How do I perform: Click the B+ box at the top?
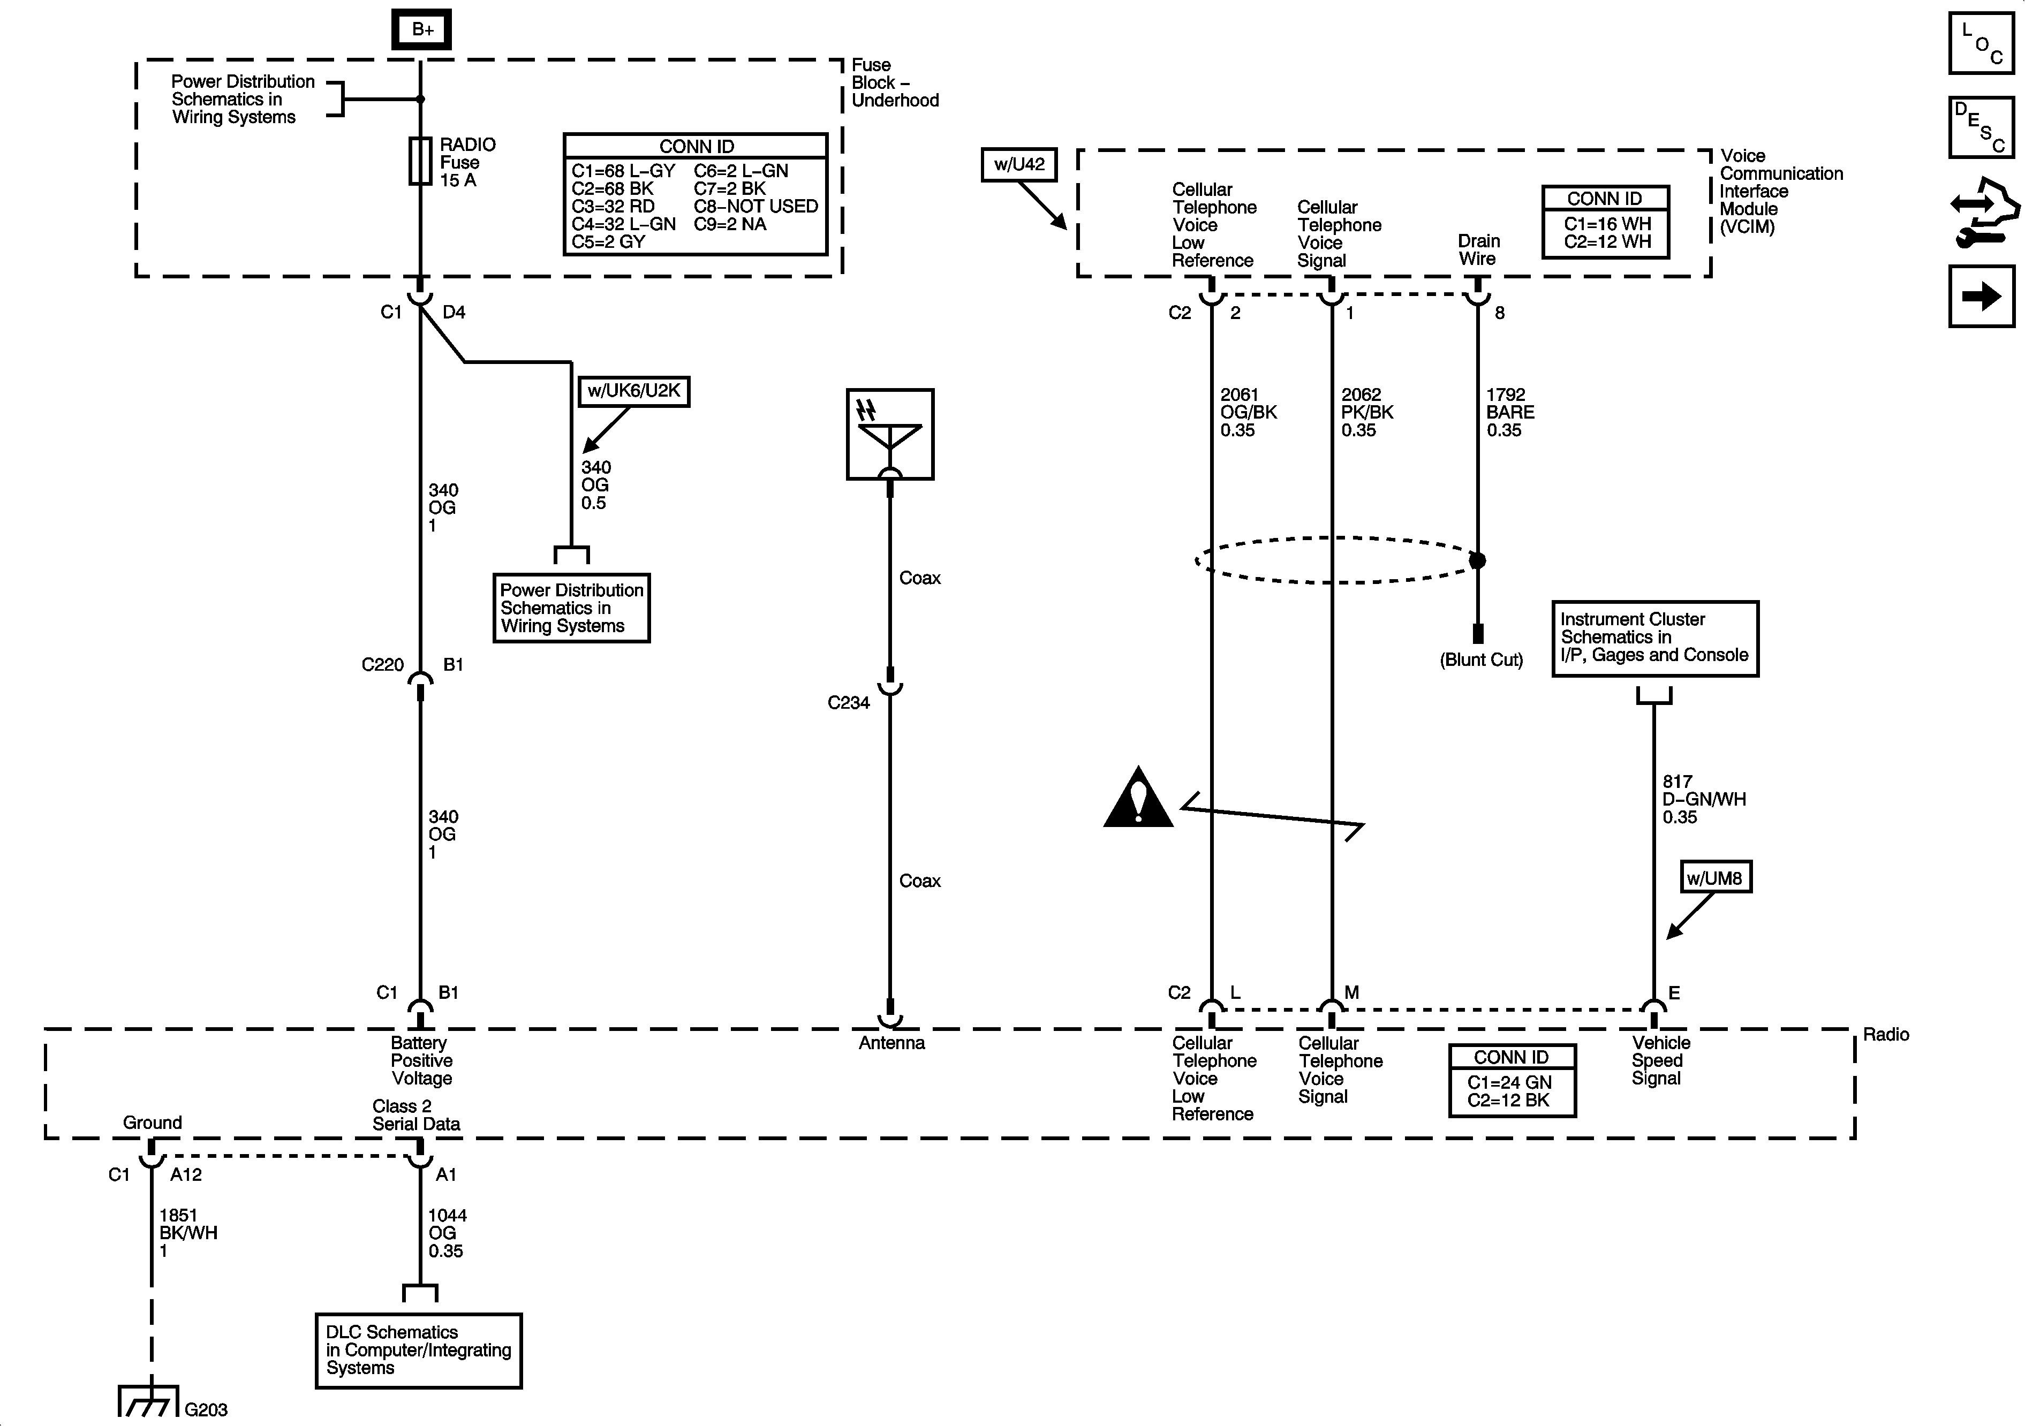(x=421, y=29)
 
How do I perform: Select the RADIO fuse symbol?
(x=420, y=161)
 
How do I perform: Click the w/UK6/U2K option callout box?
(x=633, y=391)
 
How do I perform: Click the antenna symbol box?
(x=890, y=434)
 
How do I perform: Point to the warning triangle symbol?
(x=1138, y=798)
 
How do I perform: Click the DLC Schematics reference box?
(x=418, y=1350)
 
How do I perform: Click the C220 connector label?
(x=383, y=665)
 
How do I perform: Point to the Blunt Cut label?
(x=1481, y=659)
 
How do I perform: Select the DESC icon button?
(x=1981, y=127)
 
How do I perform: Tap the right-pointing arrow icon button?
(x=1981, y=297)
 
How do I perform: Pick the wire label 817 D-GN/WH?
(x=1704, y=799)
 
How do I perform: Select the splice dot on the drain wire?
(x=1477, y=560)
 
